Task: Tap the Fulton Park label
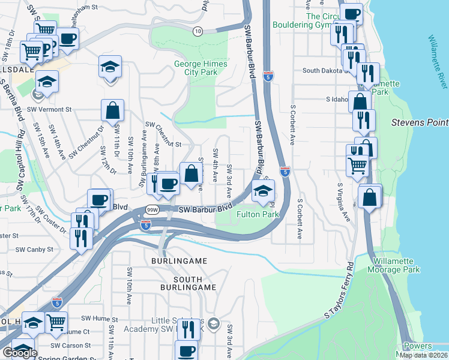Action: [258, 214]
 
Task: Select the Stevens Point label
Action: [420, 122]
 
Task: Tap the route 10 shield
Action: [197, 30]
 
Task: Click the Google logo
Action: [19, 353]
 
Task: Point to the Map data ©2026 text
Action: [424, 355]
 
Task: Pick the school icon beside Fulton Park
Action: [262, 191]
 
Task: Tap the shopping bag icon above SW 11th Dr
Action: [112, 110]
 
